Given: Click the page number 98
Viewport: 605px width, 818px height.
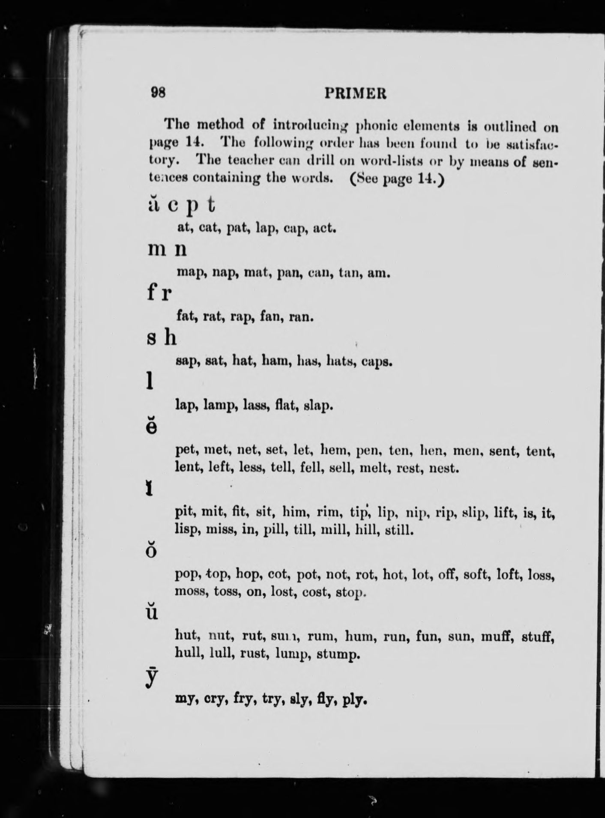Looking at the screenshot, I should (158, 93).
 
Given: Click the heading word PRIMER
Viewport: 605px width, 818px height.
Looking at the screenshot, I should (355, 93).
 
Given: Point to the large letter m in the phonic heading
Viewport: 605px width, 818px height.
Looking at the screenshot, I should (156, 250).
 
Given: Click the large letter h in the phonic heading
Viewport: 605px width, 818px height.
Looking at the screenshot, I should (170, 339).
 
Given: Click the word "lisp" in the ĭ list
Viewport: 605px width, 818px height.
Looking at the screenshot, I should (187, 531).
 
